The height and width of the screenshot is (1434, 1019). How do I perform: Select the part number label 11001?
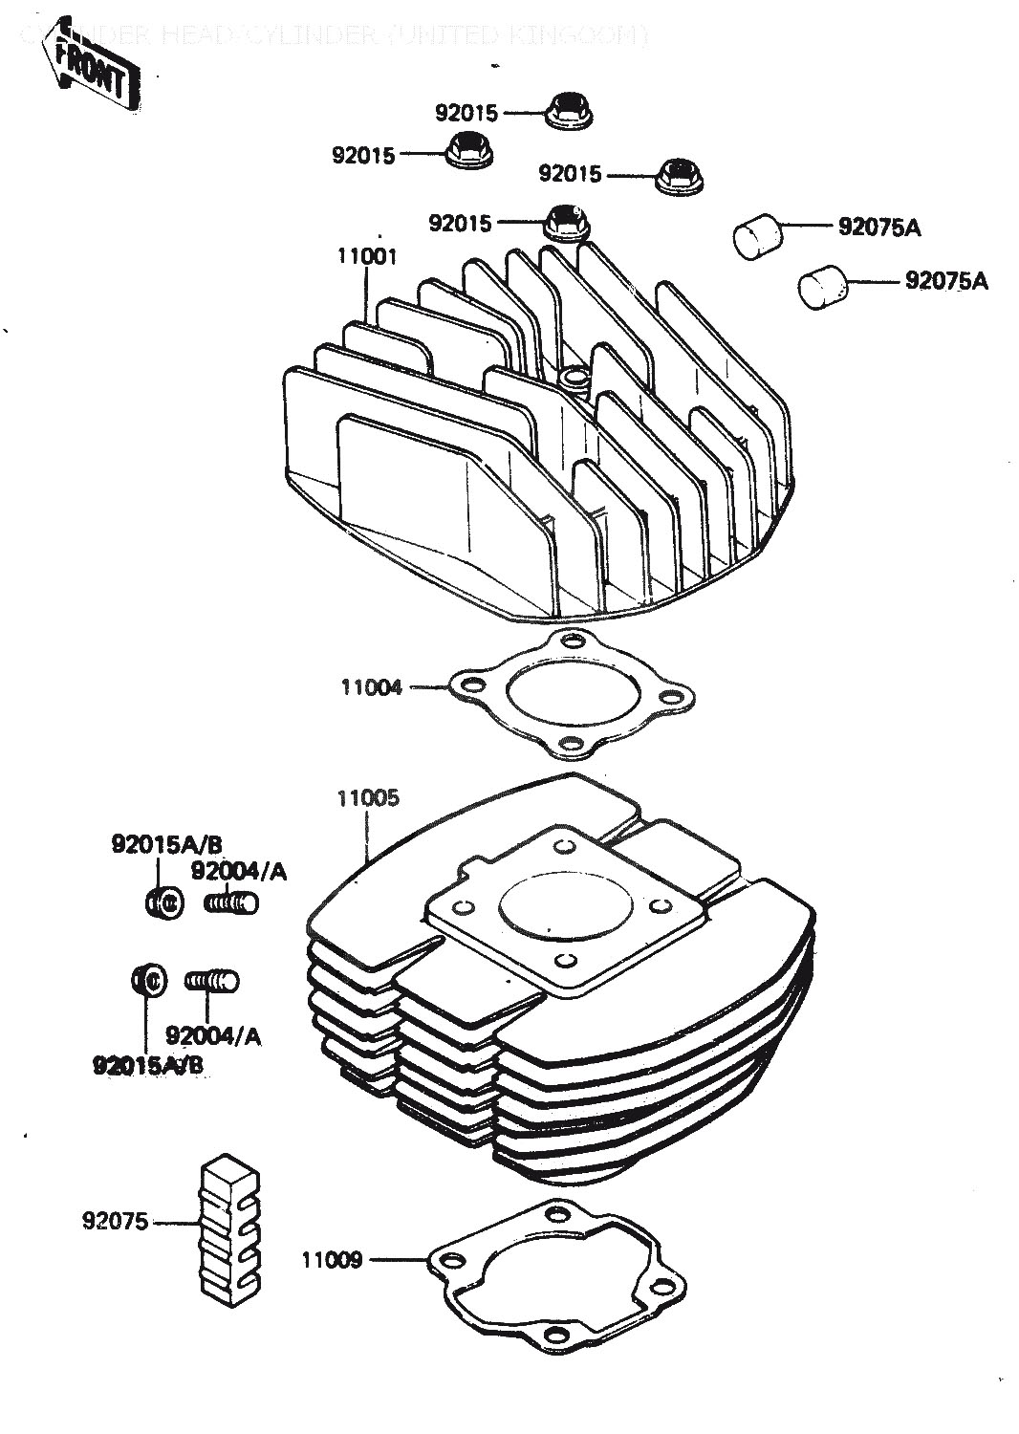point(366,257)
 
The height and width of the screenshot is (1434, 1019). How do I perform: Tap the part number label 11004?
point(372,686)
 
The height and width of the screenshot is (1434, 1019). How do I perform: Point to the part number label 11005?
point(367,797)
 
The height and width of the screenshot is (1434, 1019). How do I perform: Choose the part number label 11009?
point(333,1260)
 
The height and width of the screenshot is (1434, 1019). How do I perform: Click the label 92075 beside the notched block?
point(115,1221)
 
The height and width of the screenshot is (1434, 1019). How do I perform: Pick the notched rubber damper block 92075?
point(232,1228)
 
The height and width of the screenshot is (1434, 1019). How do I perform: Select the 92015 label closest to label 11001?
point(460,224)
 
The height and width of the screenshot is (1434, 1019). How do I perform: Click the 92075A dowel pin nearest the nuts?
point(757,235)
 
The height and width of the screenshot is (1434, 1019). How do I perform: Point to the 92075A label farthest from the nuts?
point(946,281)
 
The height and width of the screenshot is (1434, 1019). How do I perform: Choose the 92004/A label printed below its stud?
point(213,1034)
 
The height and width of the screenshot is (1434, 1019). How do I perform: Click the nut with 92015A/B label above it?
point(163,902)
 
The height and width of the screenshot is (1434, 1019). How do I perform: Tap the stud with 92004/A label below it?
point(213,980)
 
